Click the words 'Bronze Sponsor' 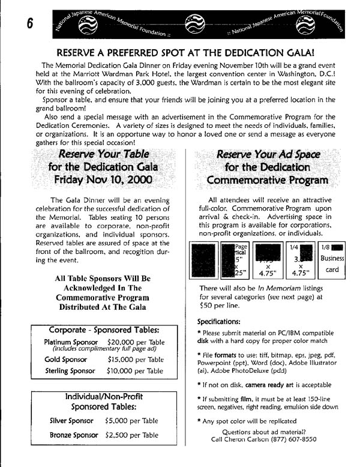coord(74,435)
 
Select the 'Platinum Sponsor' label coord(71,342)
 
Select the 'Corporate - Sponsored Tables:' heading coord(104,330)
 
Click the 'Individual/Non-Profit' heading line coord(104,396)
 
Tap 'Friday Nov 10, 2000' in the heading coord(103,179)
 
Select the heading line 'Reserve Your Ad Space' coord(268,154)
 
